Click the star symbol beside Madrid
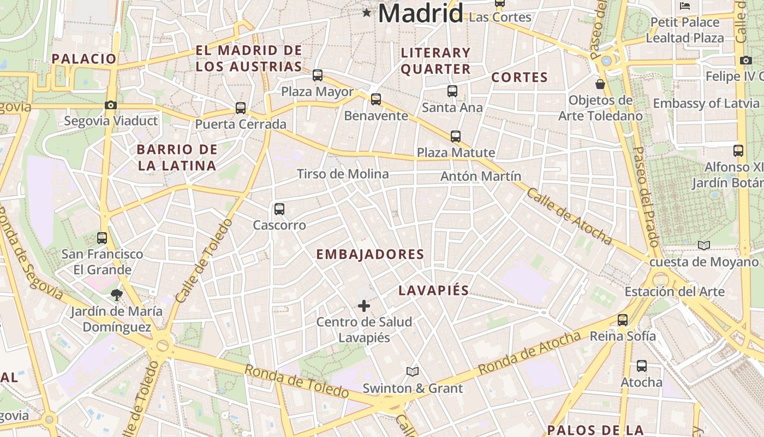366,13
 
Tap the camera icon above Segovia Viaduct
111,105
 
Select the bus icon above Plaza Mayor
318,75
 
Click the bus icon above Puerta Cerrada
241,108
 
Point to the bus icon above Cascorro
279,209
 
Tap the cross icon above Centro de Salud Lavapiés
364,306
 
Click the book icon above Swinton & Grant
413,372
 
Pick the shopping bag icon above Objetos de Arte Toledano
600,84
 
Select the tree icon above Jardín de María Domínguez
116,296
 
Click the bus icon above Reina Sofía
623,320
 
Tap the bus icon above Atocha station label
642,366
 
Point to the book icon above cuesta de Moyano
704,246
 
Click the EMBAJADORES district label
370,255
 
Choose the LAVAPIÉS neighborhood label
433,291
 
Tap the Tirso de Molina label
343,174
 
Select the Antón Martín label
481,176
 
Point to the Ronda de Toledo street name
296,380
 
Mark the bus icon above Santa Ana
452,91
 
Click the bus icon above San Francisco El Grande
102,238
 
